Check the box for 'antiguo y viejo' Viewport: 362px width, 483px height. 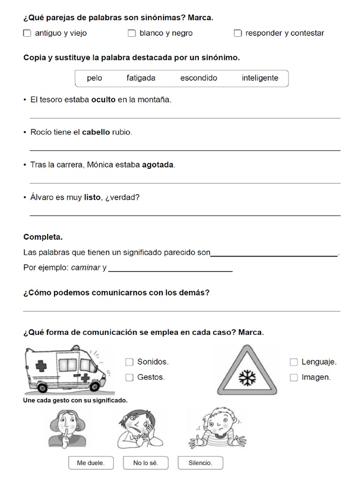[x=27, y=33]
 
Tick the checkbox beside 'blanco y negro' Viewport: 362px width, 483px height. [x=132, y=33]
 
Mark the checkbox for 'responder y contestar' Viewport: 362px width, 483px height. [x=238, y=33]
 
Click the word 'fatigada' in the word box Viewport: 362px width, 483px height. [x=141, y=78]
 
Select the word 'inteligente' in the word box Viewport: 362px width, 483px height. [x=260, y=78]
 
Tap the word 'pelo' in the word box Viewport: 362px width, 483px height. [x=94, y=78]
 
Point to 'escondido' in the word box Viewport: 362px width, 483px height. [x=198, y=78]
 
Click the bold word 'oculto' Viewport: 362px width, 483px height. [x=103, y=100]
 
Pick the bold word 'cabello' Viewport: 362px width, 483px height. [x=96, y=133]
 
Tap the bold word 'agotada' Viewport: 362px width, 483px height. [x=158, y=165]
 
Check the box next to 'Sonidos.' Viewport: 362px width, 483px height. [x=129, y=362]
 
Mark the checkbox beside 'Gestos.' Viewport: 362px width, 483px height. [x=129, y=377]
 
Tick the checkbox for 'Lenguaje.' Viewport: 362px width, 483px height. [x=294, y=362]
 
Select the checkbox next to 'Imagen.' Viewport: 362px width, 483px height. [x=294, y=377]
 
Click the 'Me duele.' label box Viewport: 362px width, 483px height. [x=90, y=463]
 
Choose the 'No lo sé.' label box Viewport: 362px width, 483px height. [x=145, y=463]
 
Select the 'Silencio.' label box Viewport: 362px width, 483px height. [x=200, y=463]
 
